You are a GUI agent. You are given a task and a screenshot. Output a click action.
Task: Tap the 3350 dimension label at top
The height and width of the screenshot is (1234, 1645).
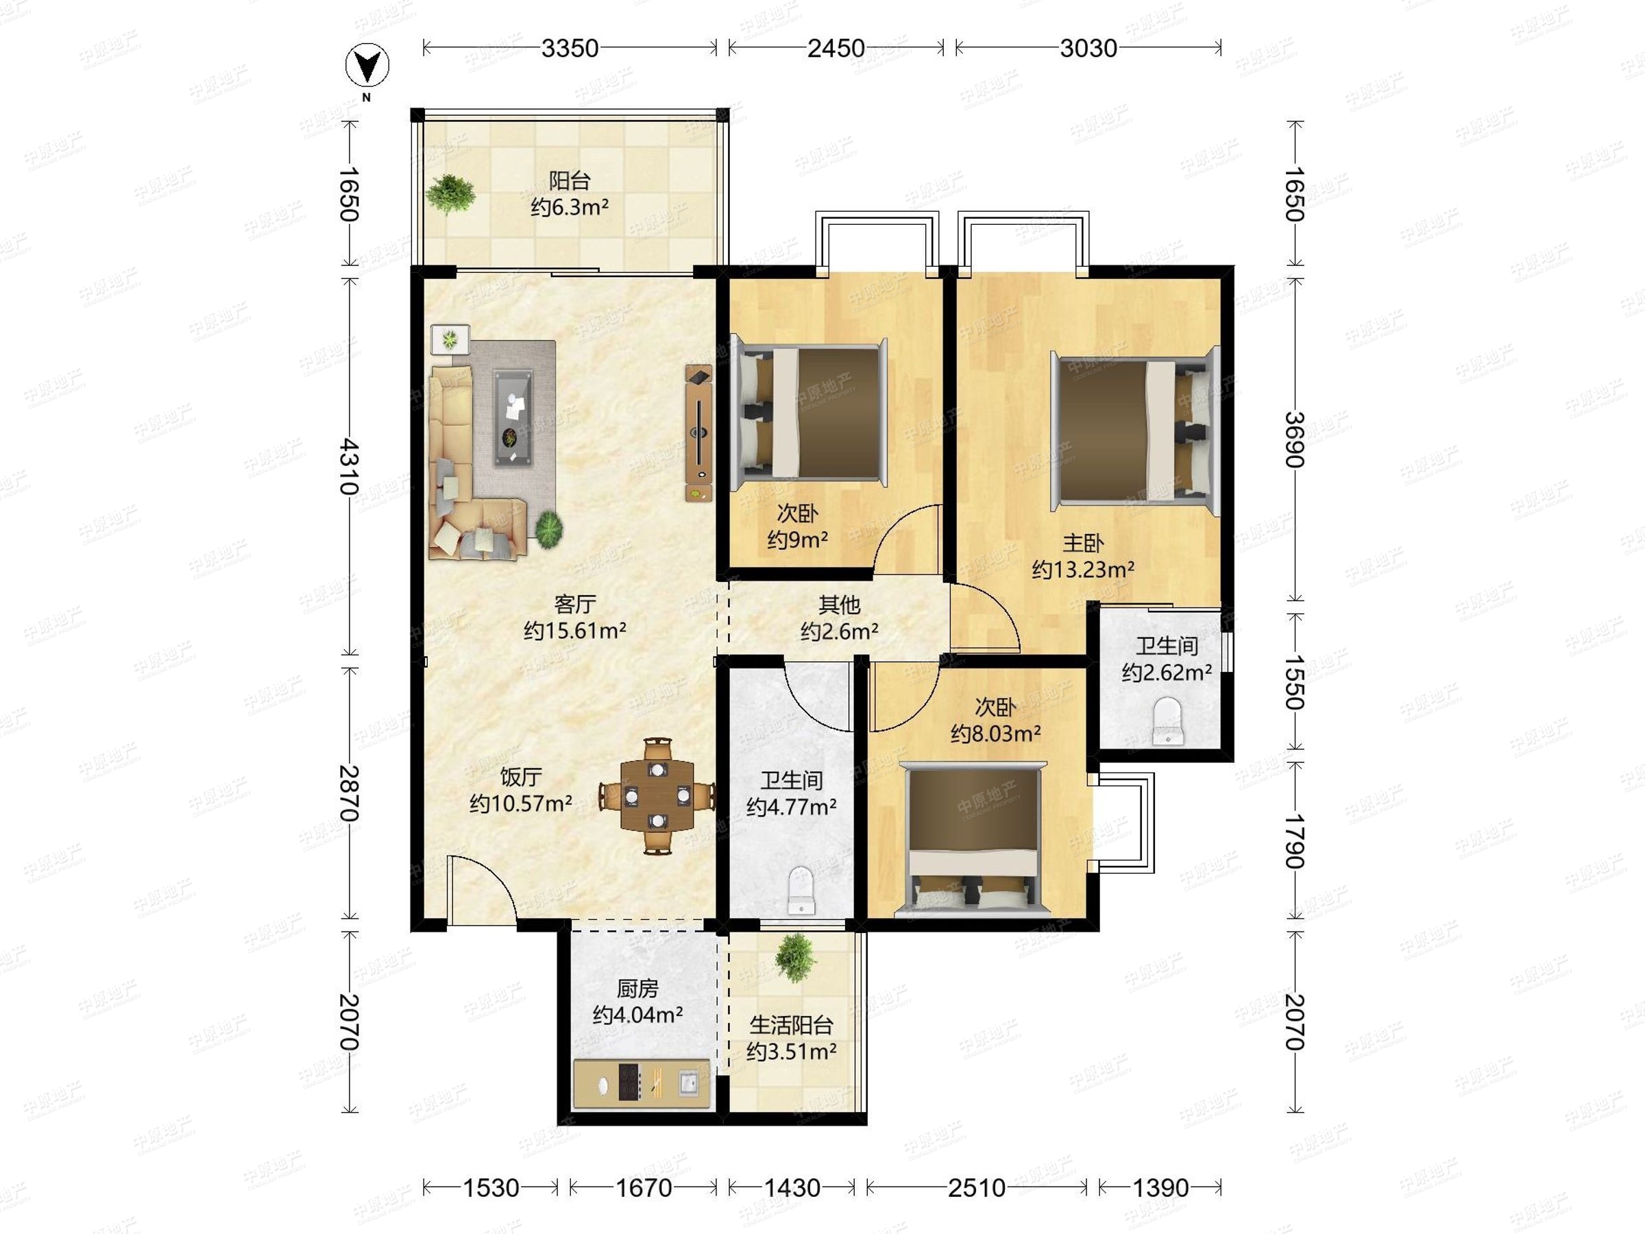[570, 49]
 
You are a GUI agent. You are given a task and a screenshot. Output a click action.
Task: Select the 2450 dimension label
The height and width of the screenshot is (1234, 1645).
[836, 49]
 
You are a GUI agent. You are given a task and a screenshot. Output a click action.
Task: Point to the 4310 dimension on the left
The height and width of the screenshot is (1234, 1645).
[349, 467]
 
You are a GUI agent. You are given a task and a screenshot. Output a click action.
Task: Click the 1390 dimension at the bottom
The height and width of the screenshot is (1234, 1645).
[1160, 1188]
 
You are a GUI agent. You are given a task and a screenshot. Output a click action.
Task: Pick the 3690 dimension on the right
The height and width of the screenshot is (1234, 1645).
[1295, 439]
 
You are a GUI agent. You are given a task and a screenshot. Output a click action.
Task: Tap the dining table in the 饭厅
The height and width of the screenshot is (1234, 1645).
[657, 796]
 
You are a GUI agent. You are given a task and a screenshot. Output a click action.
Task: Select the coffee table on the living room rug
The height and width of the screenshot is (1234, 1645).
[513, 418]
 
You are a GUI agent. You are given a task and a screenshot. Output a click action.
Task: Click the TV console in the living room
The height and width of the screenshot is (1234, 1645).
[698, 434]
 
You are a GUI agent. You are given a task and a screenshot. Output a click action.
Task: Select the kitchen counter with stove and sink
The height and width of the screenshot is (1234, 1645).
[642, 1084]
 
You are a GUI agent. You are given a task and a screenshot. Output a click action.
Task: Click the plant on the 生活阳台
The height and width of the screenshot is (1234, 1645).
[796, 957]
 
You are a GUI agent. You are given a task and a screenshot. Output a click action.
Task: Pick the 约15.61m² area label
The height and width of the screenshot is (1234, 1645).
[574, 631]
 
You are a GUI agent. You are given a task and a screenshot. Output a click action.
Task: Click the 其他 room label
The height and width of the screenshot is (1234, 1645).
[840, 604]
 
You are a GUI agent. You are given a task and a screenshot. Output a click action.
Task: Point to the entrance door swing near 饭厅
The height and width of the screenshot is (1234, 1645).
[480, 891]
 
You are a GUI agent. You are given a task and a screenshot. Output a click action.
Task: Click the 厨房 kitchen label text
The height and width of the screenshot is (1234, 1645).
[637, 989]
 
